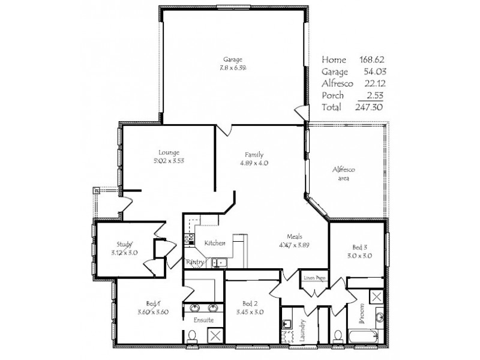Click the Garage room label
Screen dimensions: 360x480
[233, 59]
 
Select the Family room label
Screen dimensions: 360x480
[254, 154]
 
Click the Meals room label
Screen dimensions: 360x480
[294, 236]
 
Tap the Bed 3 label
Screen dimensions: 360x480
[358, 247]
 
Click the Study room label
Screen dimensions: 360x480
[125, 244]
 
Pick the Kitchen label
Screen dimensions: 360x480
[214, 243]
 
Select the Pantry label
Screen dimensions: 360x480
[196, 262]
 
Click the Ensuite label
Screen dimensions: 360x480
[203, 320]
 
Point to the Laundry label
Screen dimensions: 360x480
[302, 329]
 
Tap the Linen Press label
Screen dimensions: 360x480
[314, 278]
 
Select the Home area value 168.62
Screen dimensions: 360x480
[371, 59]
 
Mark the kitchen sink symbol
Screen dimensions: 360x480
[218, 261]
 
